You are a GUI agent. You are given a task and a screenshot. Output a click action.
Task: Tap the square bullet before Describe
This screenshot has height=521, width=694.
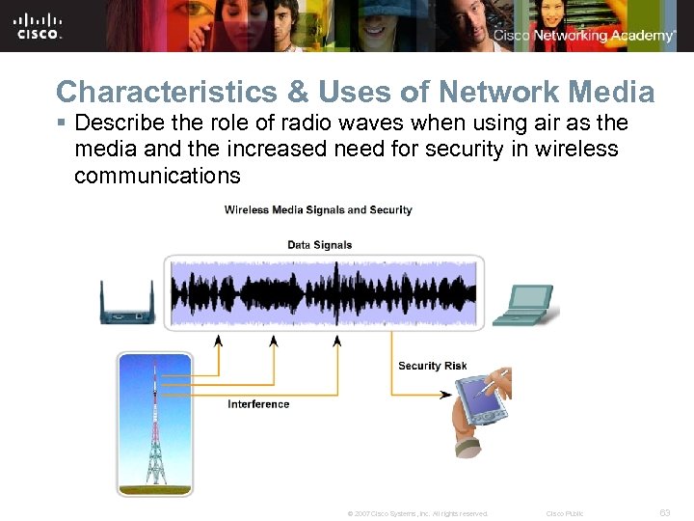pos(61,123)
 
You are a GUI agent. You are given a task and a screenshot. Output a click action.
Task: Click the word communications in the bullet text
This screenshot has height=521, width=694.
pos(157,176)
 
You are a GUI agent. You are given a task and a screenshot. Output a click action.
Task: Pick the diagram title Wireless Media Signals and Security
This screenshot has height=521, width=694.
pos(318,210)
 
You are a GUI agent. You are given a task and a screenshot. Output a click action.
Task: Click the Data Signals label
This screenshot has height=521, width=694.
pos(320,245)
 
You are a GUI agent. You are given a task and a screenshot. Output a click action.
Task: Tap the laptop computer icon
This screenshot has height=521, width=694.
pos(523,305)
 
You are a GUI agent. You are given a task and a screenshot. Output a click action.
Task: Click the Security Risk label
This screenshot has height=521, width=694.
pos(432,366)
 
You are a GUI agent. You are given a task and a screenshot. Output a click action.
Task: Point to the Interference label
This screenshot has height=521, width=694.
pos(258,404)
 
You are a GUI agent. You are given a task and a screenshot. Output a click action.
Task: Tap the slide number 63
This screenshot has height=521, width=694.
pos(664,513)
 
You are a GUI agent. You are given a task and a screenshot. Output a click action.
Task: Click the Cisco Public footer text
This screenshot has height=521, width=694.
pos(565,513)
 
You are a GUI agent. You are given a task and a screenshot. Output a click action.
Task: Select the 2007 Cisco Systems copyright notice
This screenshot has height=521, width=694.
pos(417,513)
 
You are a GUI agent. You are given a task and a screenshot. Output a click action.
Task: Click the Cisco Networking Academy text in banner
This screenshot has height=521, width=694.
pos(586,36)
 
